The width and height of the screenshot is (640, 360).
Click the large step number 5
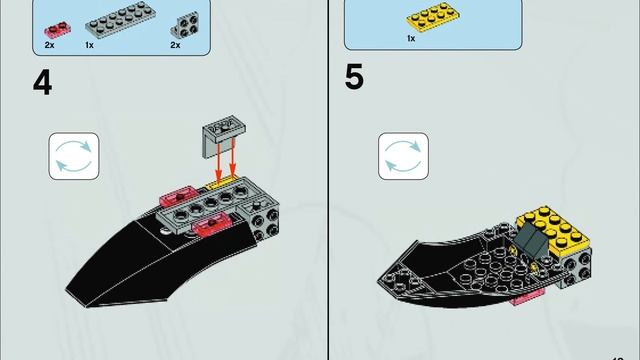(x=354, y=77)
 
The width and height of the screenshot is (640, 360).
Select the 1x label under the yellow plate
(x=411, y=38)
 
